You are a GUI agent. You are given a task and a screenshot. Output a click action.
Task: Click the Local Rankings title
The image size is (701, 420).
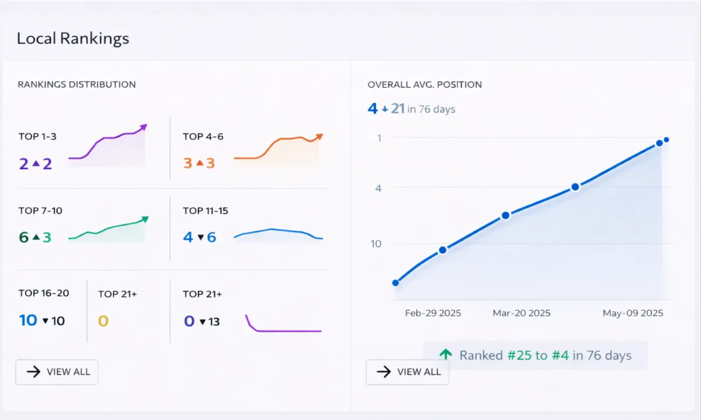(x=73, y=39)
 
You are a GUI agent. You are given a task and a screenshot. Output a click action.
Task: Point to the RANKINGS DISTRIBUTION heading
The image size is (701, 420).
(x=77, y=84)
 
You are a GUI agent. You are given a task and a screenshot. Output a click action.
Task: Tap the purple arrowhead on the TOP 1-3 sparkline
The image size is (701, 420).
(x=144, y=126)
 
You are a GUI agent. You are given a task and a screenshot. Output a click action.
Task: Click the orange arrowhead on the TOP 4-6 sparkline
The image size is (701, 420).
(x=319, y=137)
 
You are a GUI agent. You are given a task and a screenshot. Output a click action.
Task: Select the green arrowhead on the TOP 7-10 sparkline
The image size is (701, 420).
(x=145, y=219)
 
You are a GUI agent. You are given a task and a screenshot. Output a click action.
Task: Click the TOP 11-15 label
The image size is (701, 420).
(x=205, y=210)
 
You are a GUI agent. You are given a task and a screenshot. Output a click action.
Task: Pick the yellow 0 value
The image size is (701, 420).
(x=103, y=321)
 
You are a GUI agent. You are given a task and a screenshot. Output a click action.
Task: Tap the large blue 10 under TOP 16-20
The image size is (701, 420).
(x=28, y=320)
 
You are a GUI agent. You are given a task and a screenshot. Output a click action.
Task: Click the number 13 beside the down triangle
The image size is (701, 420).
(x=214, y=321)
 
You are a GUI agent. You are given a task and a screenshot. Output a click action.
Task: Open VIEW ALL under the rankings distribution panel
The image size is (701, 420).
(x=57, y=372)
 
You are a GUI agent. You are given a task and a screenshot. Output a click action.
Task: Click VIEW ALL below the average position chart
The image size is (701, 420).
(x=407, y=372)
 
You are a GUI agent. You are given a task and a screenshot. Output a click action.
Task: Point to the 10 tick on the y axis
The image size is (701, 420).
(x=376, y=244)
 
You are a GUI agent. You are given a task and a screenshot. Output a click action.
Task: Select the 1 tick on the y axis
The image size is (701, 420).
(x=379, y=138)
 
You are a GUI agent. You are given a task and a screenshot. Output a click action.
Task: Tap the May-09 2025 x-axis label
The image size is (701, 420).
(x=633, y=313)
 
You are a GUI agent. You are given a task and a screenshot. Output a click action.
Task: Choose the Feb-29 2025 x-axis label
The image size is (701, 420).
(x=433, y=313)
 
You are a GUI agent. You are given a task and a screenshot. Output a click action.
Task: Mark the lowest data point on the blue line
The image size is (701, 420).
(x=395, y=283)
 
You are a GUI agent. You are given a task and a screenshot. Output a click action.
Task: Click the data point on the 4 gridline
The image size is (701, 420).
(x=575, y=187)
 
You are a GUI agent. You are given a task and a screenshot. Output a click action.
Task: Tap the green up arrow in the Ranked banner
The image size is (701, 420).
(x=446, y=354)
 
